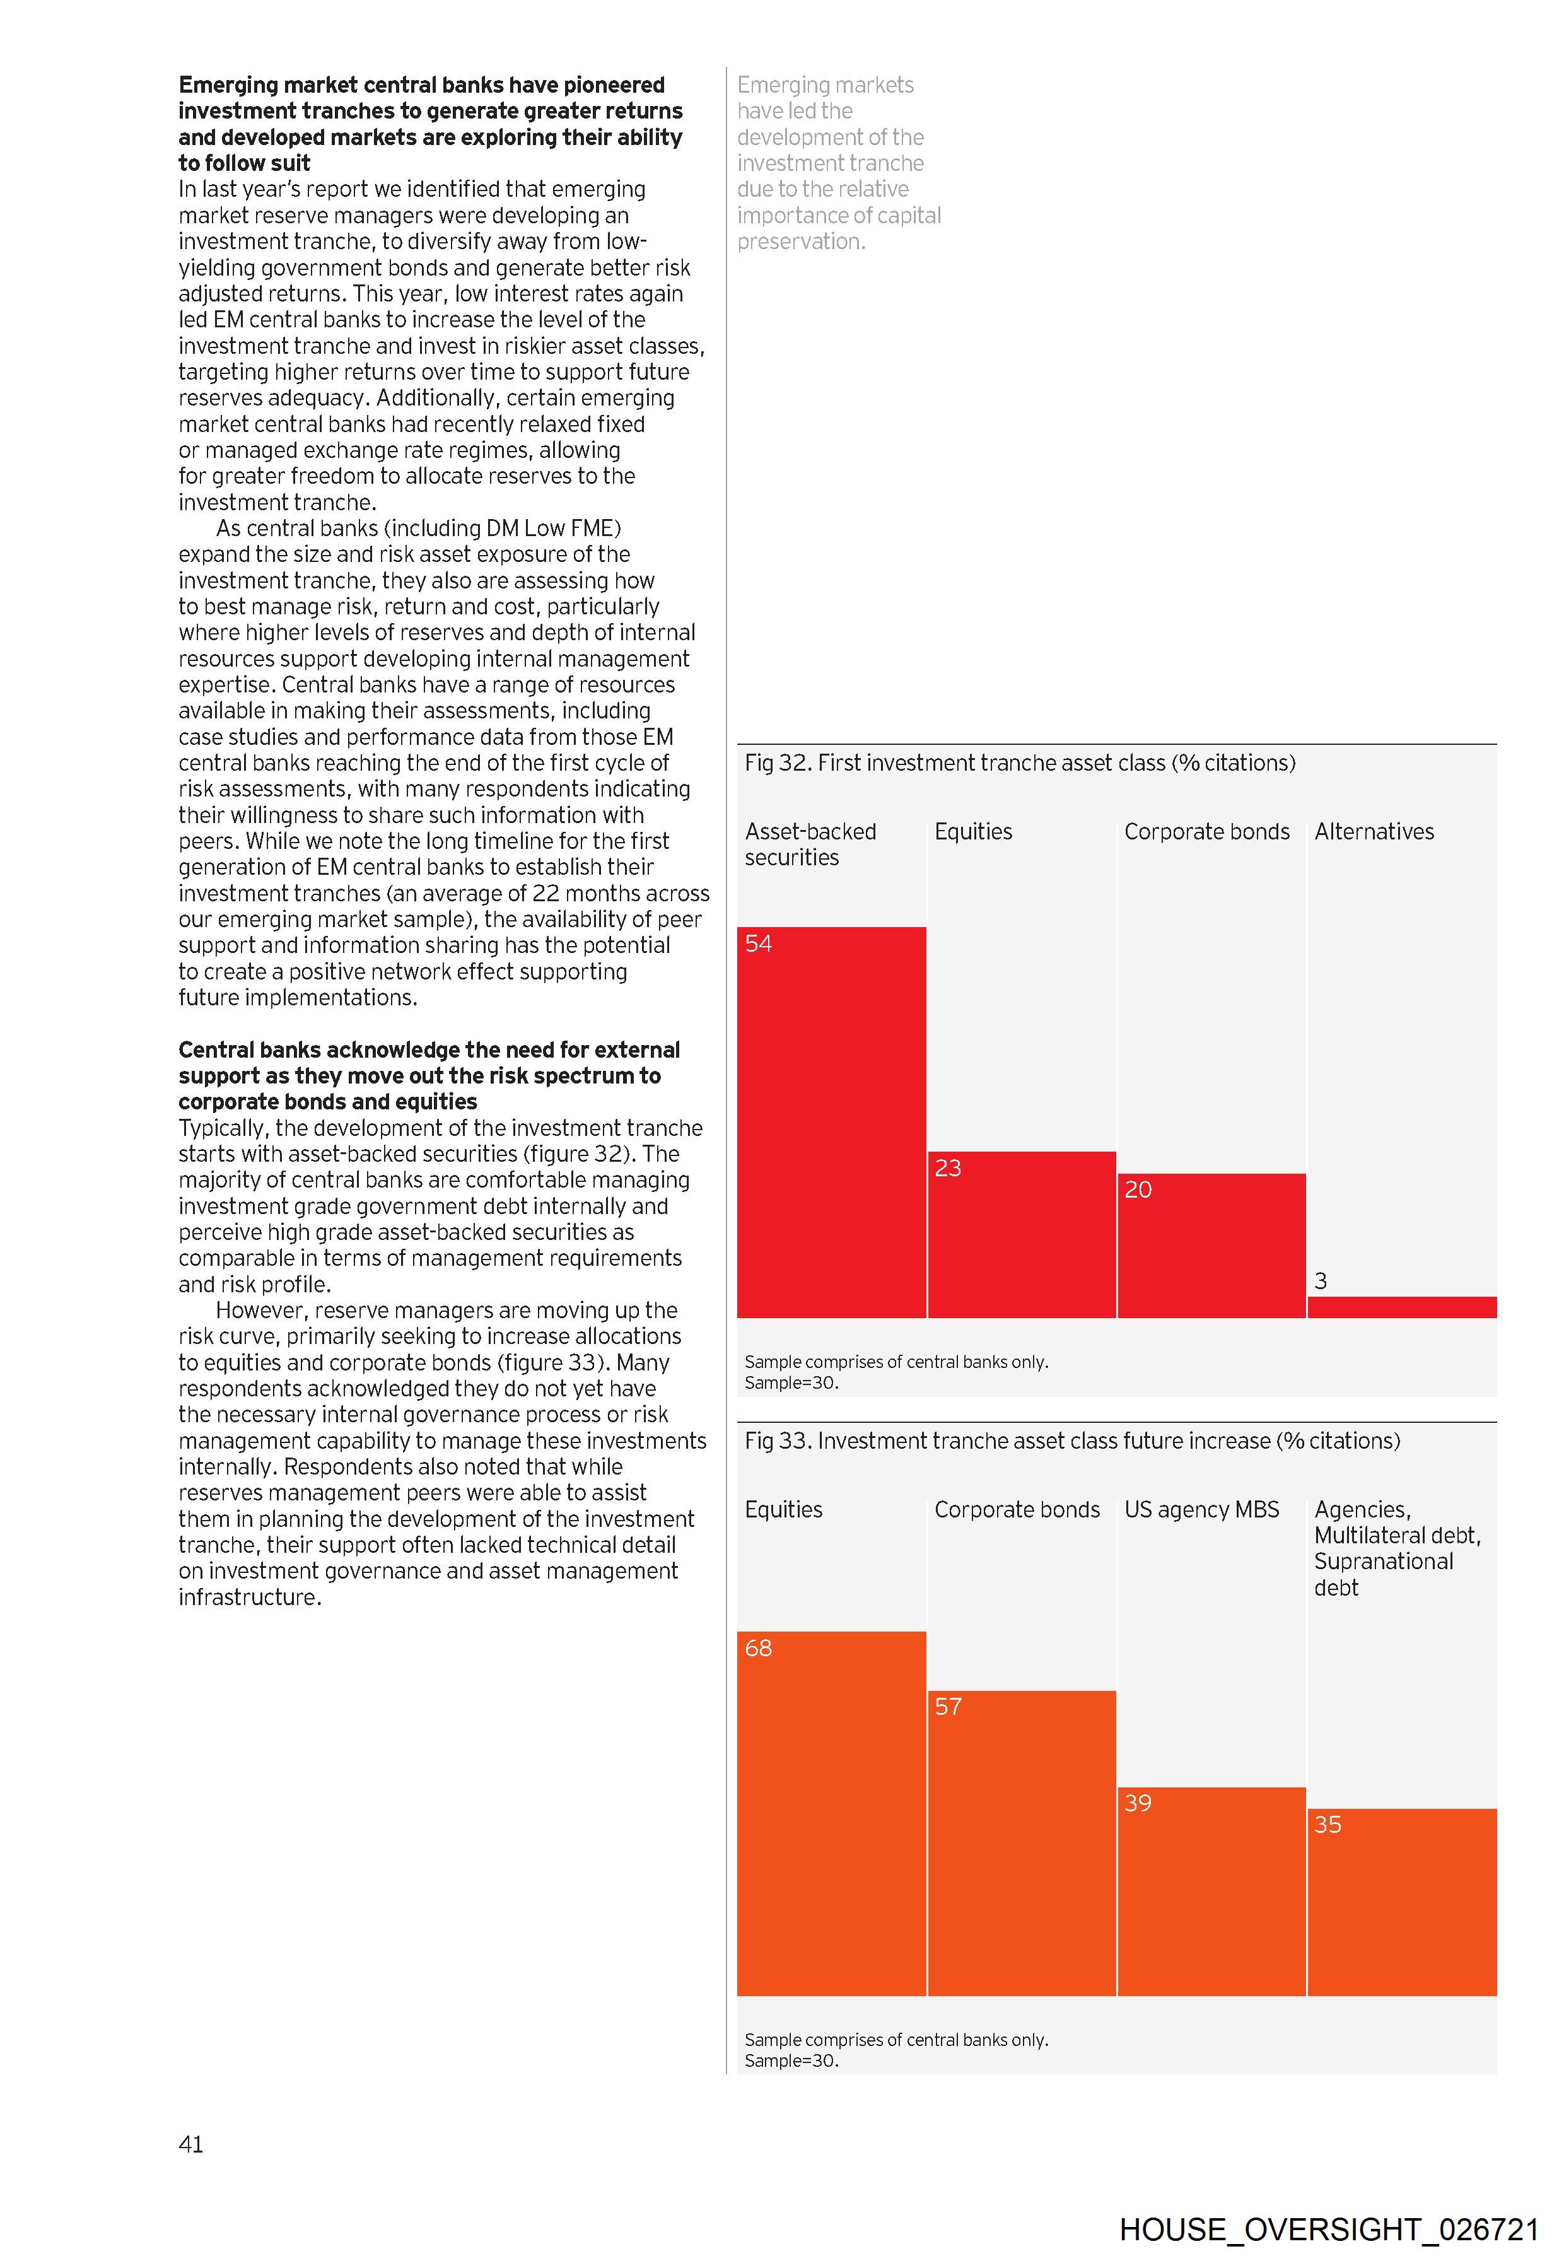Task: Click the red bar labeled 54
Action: pyautogui.click(x=831, y=1121)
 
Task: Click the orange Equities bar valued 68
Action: pyautogui.click(x=831, y=1813)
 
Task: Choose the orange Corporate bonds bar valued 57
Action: pyautogui.click(x=1021, y=1842)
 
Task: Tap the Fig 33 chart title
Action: pyautogui.click(x=1072, y=1441)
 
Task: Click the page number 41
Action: pyautogui.click(x=191, y=2144)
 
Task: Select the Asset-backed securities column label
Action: pyautogui.click(x=810, y=844)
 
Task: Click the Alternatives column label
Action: pyautogui.click(x=1374, y=831)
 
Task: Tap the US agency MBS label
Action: pyautogui.click(x=1201, y=1509)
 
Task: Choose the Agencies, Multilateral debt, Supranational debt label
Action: pyautogui.click(x=1398, y=1548)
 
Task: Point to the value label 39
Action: pyautogui.click(x=1138, y=1803)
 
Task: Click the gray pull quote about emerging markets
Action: pyautogui.click(x=839, y=163)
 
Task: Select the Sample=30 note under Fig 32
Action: pyautogui.click(x=792, y=1383)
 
